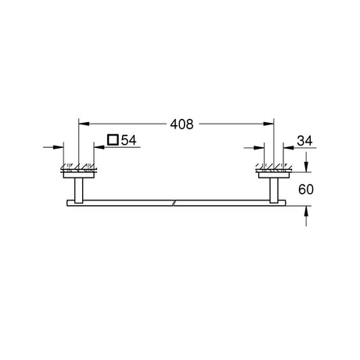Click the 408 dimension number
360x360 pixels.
pos(182,124)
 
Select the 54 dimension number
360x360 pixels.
pos(128,140)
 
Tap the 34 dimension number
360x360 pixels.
pos(304,141)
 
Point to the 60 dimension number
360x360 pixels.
pos(306,189)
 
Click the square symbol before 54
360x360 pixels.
pos(113,140)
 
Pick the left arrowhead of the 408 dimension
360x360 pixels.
pos(84,124)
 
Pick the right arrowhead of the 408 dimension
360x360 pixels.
pos(268,124)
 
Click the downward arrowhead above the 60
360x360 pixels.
pos(306,167)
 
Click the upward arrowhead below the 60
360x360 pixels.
pos(306,211)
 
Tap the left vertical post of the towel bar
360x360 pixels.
pos(79,190)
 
